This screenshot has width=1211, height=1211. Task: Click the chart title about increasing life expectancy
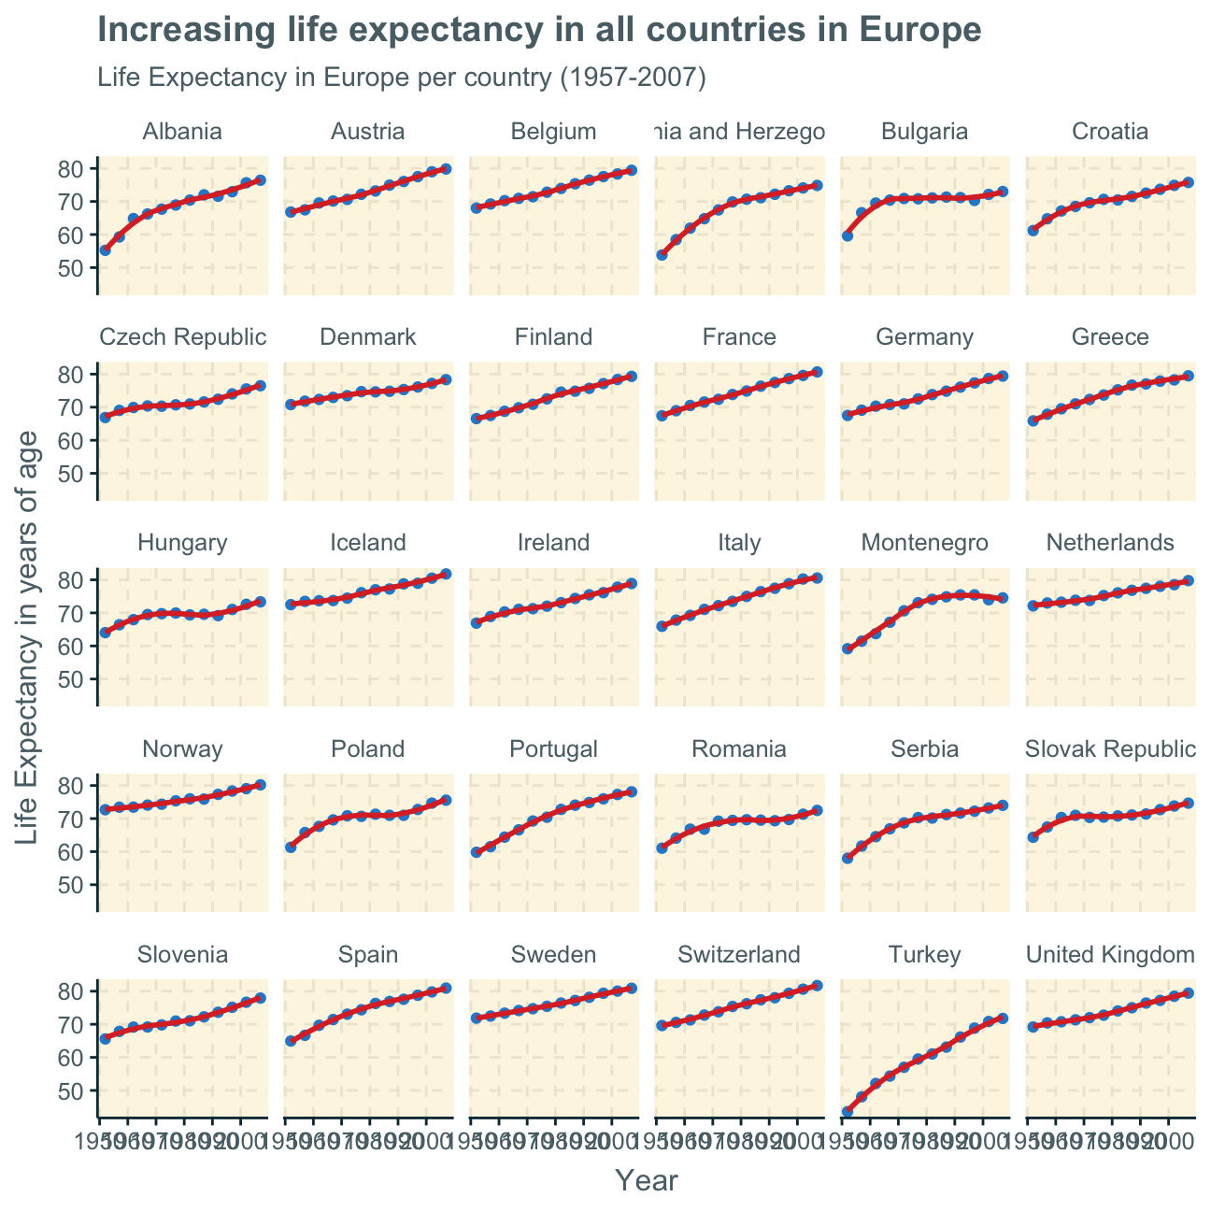click(539, 31)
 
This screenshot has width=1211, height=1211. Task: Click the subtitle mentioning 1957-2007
click(401, 78)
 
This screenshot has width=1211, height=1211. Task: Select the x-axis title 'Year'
click(646, 1181)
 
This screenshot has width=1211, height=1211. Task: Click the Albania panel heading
click(182, 132)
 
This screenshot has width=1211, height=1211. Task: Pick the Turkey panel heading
click(923, 955)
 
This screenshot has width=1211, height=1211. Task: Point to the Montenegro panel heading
click(923, 543)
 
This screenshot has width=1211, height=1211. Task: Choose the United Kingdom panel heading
click(1110, 955)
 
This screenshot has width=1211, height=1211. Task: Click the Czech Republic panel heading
click(182, 337)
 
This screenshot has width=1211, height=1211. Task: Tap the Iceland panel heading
click(368, 543)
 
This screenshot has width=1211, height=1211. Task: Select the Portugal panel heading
click(553, 748)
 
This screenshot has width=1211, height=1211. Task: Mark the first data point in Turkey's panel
click(848, 1112)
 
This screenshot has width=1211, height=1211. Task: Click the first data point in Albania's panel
click(105, 250)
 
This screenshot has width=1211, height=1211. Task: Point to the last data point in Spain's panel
click(446, 988)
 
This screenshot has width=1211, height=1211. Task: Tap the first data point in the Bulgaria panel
click(848, 235)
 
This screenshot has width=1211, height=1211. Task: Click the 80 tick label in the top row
click(73, 169)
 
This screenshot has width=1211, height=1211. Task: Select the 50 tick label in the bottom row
click(73, 1090)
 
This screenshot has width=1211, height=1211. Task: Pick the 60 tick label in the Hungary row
click(73, 646)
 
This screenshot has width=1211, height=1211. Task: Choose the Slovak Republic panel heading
click(1110, 748)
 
